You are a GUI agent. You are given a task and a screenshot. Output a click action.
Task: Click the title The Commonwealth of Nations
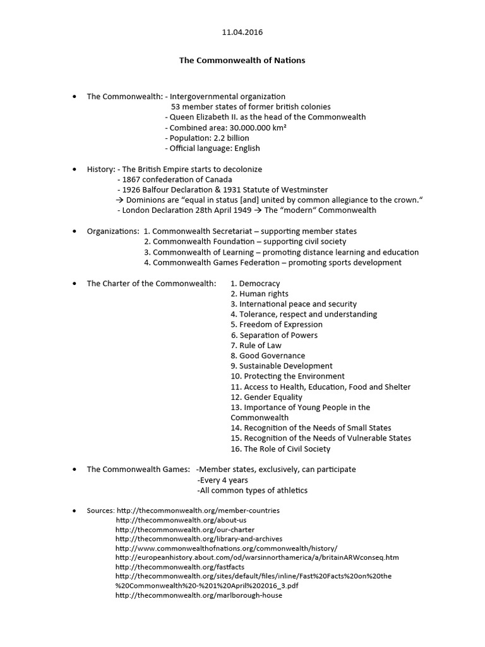point(242,61)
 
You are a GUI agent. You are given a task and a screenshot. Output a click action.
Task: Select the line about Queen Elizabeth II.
point(265,117)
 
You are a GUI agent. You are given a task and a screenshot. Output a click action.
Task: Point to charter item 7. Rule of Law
point(256,345)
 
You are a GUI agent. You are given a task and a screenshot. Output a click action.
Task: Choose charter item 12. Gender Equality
point(266,397)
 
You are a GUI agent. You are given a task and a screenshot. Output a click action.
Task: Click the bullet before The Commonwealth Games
point(75,469)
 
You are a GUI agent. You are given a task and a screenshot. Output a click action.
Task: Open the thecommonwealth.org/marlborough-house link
point(199,595)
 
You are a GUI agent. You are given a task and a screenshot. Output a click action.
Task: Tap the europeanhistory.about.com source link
point(257,558)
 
